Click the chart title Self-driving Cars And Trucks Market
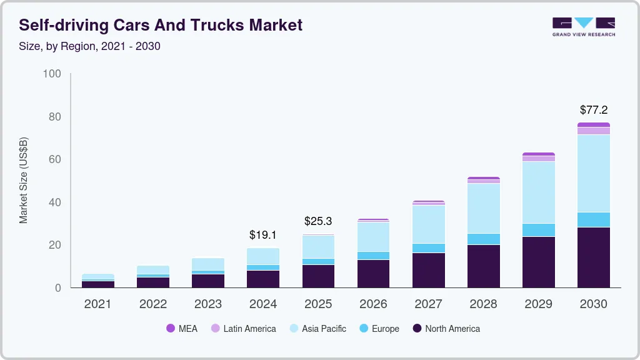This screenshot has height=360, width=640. [x=161, y=25]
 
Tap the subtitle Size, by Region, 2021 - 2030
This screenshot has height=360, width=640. [x=90, y=46]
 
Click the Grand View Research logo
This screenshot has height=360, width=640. [x=583, y=26]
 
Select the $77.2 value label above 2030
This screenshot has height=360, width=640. [x=593, y=110]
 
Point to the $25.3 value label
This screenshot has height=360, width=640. [x=318, y=221]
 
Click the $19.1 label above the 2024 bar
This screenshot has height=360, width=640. [x=262, y=235]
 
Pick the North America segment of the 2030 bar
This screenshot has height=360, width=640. [x=593, y=257]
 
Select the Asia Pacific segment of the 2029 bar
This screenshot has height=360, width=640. [x=538, y=192]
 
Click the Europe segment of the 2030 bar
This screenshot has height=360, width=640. [x=593, y=219]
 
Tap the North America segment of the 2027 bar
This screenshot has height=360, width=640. [x=428, y=270]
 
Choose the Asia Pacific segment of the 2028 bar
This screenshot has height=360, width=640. [x=483, y=208]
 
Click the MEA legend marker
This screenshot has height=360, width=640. [x=171, y=329]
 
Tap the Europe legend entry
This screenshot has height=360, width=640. [x=379, y=329]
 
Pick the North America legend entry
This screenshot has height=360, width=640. [x=446, y=329]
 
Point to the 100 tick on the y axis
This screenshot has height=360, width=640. [x=52, y=74]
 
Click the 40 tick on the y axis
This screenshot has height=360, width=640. [x=55, y=202]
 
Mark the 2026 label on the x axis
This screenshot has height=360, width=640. [x=373, y=304]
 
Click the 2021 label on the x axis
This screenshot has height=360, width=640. [x=97, y=304]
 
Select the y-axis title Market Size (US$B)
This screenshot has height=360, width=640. [x=24, y=181]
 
